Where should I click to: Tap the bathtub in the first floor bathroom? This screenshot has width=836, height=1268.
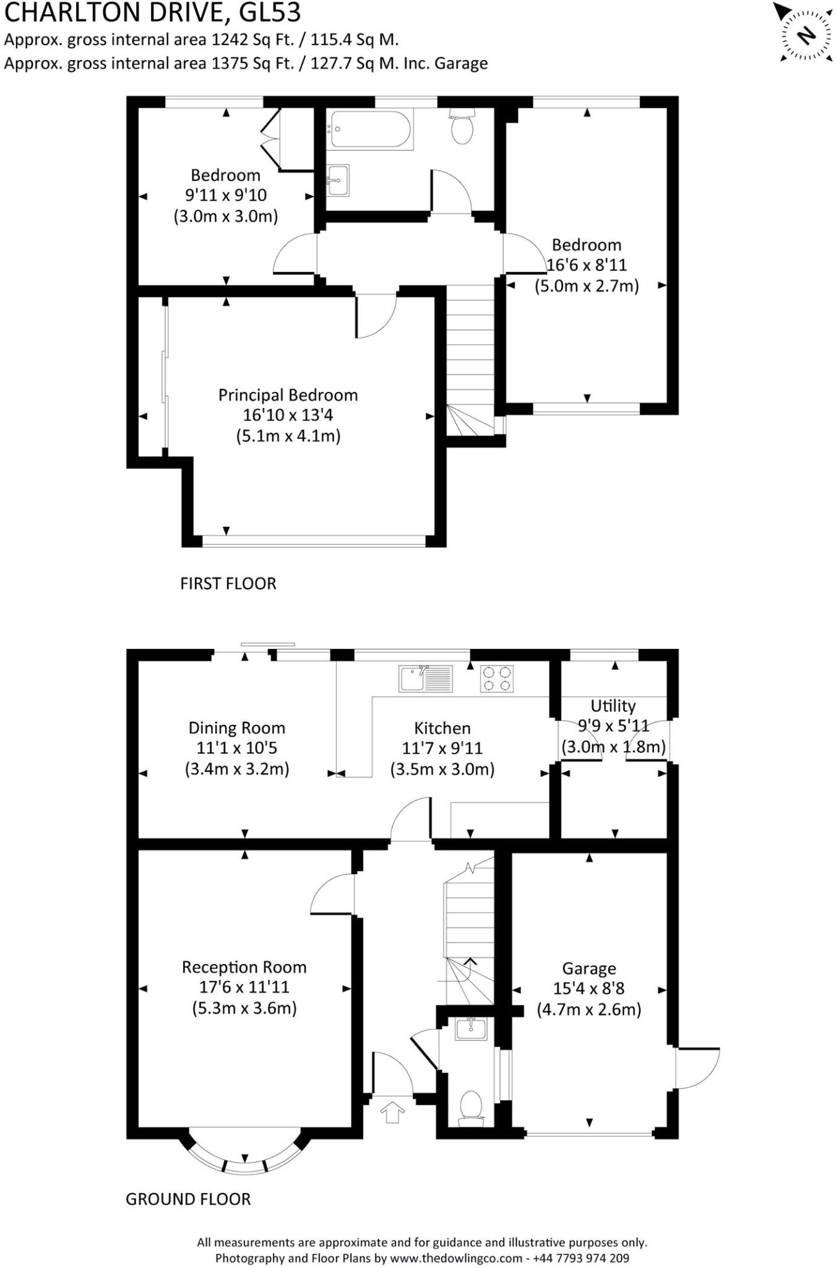pos(370,129)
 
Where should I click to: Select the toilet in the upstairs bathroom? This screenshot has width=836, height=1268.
pos(462,126)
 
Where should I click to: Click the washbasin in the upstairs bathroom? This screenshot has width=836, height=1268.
pos(338,180)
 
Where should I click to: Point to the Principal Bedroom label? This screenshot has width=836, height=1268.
pos(288,395)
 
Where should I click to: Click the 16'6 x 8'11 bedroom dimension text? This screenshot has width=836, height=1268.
pos(587,265)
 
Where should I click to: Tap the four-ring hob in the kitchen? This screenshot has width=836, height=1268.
pos(497,678)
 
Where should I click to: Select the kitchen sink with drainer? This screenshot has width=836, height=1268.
pos(426,679)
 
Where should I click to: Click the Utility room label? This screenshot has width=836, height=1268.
pos(613,706)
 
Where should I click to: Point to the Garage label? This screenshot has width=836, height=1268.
pos(589,968)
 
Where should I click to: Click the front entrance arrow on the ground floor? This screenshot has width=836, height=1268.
pos(392,1113)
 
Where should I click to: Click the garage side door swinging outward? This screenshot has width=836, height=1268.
pos(698,1067)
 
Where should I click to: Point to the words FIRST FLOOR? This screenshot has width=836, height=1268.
pos(228,583)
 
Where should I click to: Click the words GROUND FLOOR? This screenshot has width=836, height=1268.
pos(188,1199)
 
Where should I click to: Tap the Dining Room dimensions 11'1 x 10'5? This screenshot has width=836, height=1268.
pos(236,748)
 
